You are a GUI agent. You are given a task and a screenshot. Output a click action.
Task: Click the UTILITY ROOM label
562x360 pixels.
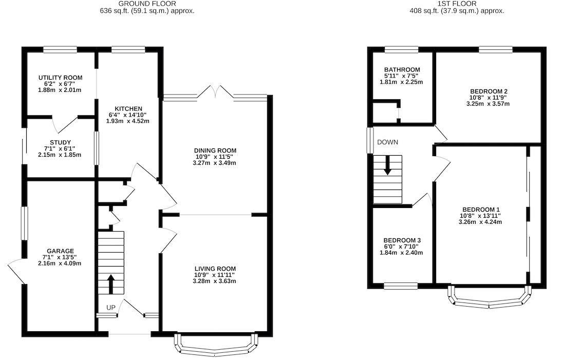60,78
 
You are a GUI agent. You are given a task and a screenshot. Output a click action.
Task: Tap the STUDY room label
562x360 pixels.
60,143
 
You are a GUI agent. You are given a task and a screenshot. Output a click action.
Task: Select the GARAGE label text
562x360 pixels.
60,251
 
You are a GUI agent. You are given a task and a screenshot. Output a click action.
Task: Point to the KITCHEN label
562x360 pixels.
128,108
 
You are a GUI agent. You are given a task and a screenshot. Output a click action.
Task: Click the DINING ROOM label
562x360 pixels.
215,150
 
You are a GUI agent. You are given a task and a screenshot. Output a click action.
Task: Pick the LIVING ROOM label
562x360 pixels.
215,269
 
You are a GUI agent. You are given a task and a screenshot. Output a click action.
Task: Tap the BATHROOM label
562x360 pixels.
402,69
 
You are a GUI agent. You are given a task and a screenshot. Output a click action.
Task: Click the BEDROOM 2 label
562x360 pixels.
489,91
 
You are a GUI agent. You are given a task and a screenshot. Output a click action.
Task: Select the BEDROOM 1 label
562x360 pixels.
481,210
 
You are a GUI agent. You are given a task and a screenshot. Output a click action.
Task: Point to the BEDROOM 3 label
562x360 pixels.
402,240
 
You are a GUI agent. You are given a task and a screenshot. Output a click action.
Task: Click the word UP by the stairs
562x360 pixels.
111,308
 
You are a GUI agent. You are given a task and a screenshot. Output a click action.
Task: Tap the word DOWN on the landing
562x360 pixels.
387,142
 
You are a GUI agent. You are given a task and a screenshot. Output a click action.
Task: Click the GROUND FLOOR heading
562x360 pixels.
147,4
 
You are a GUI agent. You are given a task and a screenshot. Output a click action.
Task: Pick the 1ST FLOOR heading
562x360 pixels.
457,4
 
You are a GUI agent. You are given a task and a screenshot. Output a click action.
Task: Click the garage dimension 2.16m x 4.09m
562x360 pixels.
60,263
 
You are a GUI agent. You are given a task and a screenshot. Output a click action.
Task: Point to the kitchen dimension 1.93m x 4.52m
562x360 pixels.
128,121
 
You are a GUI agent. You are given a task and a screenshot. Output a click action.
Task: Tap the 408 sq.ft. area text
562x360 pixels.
457,11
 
